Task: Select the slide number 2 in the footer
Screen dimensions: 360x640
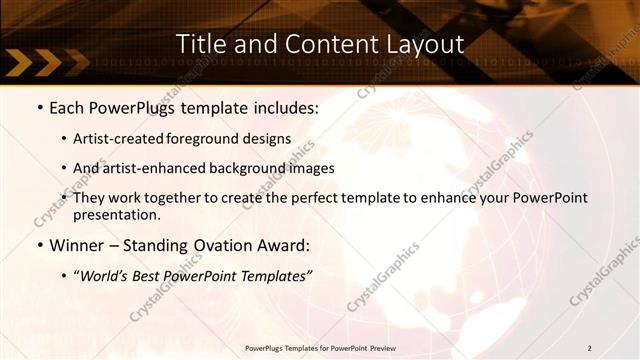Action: (x=590, y=348)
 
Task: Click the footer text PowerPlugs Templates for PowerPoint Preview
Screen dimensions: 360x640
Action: (x=320, y=348)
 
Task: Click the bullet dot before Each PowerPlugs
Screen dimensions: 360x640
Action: (x=40, y=108)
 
